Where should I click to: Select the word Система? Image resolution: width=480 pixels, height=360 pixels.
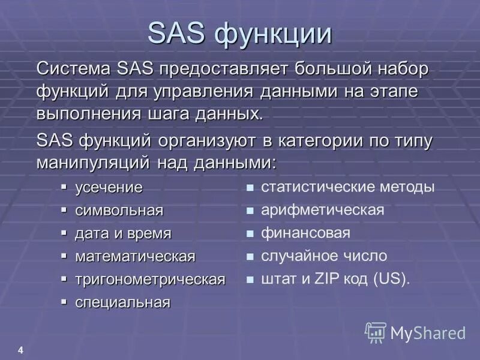[66, 68]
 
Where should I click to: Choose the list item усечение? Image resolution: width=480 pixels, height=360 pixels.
[109, 188]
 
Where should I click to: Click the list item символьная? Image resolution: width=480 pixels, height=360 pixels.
[119, 211]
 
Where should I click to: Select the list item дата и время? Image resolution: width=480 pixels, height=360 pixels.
[123, 233]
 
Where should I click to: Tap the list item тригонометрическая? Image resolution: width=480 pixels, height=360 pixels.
[150, 279]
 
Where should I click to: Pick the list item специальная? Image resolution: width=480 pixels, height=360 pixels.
[122, 302]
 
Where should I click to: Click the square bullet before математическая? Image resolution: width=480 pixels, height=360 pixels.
[64, 256]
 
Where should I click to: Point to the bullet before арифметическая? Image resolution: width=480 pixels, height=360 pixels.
[250, 211]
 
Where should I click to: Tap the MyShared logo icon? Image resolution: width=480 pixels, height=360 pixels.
[376, 332]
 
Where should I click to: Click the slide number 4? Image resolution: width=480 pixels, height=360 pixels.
[21, 350]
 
